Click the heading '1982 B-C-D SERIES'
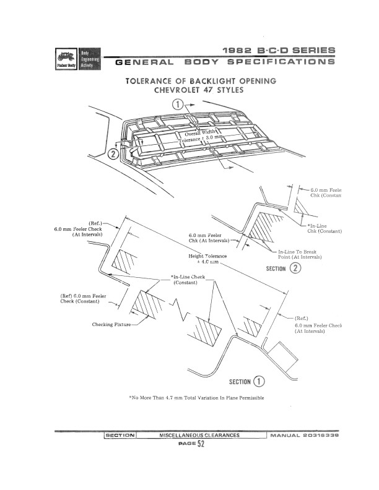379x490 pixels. click(x=282, y=50)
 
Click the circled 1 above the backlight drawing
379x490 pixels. click(x=178, y=105)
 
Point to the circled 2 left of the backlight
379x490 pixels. click(x=112, y=153)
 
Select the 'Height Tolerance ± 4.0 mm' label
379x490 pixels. click(x=207, y=259)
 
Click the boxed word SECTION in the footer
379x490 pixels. click(x=120, y=436)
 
